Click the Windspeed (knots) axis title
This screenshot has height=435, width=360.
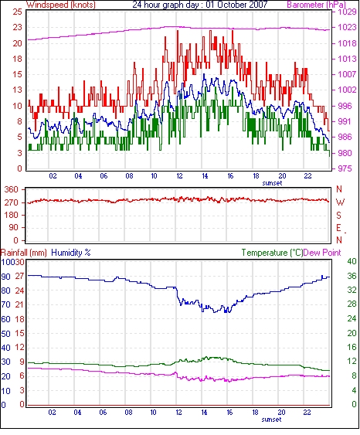coord(61,5)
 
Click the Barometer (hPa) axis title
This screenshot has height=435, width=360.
coord(317,5)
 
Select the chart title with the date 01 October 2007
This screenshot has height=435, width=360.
coord(200,5)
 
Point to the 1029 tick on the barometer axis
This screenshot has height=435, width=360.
coord(347,12)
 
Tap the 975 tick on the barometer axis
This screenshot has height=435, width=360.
coord(345,168)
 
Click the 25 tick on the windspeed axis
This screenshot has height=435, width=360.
coord(17,12)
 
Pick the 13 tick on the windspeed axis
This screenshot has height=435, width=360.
coord(17,90)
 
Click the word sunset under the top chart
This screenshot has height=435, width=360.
coord(272,183)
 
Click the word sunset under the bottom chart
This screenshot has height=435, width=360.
coord(271,420)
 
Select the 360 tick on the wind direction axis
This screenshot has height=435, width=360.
coord(12,190)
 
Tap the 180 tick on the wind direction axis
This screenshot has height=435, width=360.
coord(12,215)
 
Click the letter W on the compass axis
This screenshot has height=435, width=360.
coord(340,202)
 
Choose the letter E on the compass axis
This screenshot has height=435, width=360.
coord(338,228)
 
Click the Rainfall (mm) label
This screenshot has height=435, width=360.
coord(24,253)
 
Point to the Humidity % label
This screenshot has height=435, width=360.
coord(71,253)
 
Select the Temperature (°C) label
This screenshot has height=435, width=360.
coord(272,253)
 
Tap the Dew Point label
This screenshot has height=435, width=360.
coord(322,253)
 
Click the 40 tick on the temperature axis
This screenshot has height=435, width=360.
coord(352,262)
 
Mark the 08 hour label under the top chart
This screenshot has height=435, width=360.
coord(129,176)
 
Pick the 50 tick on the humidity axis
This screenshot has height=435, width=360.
coord(5,334)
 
